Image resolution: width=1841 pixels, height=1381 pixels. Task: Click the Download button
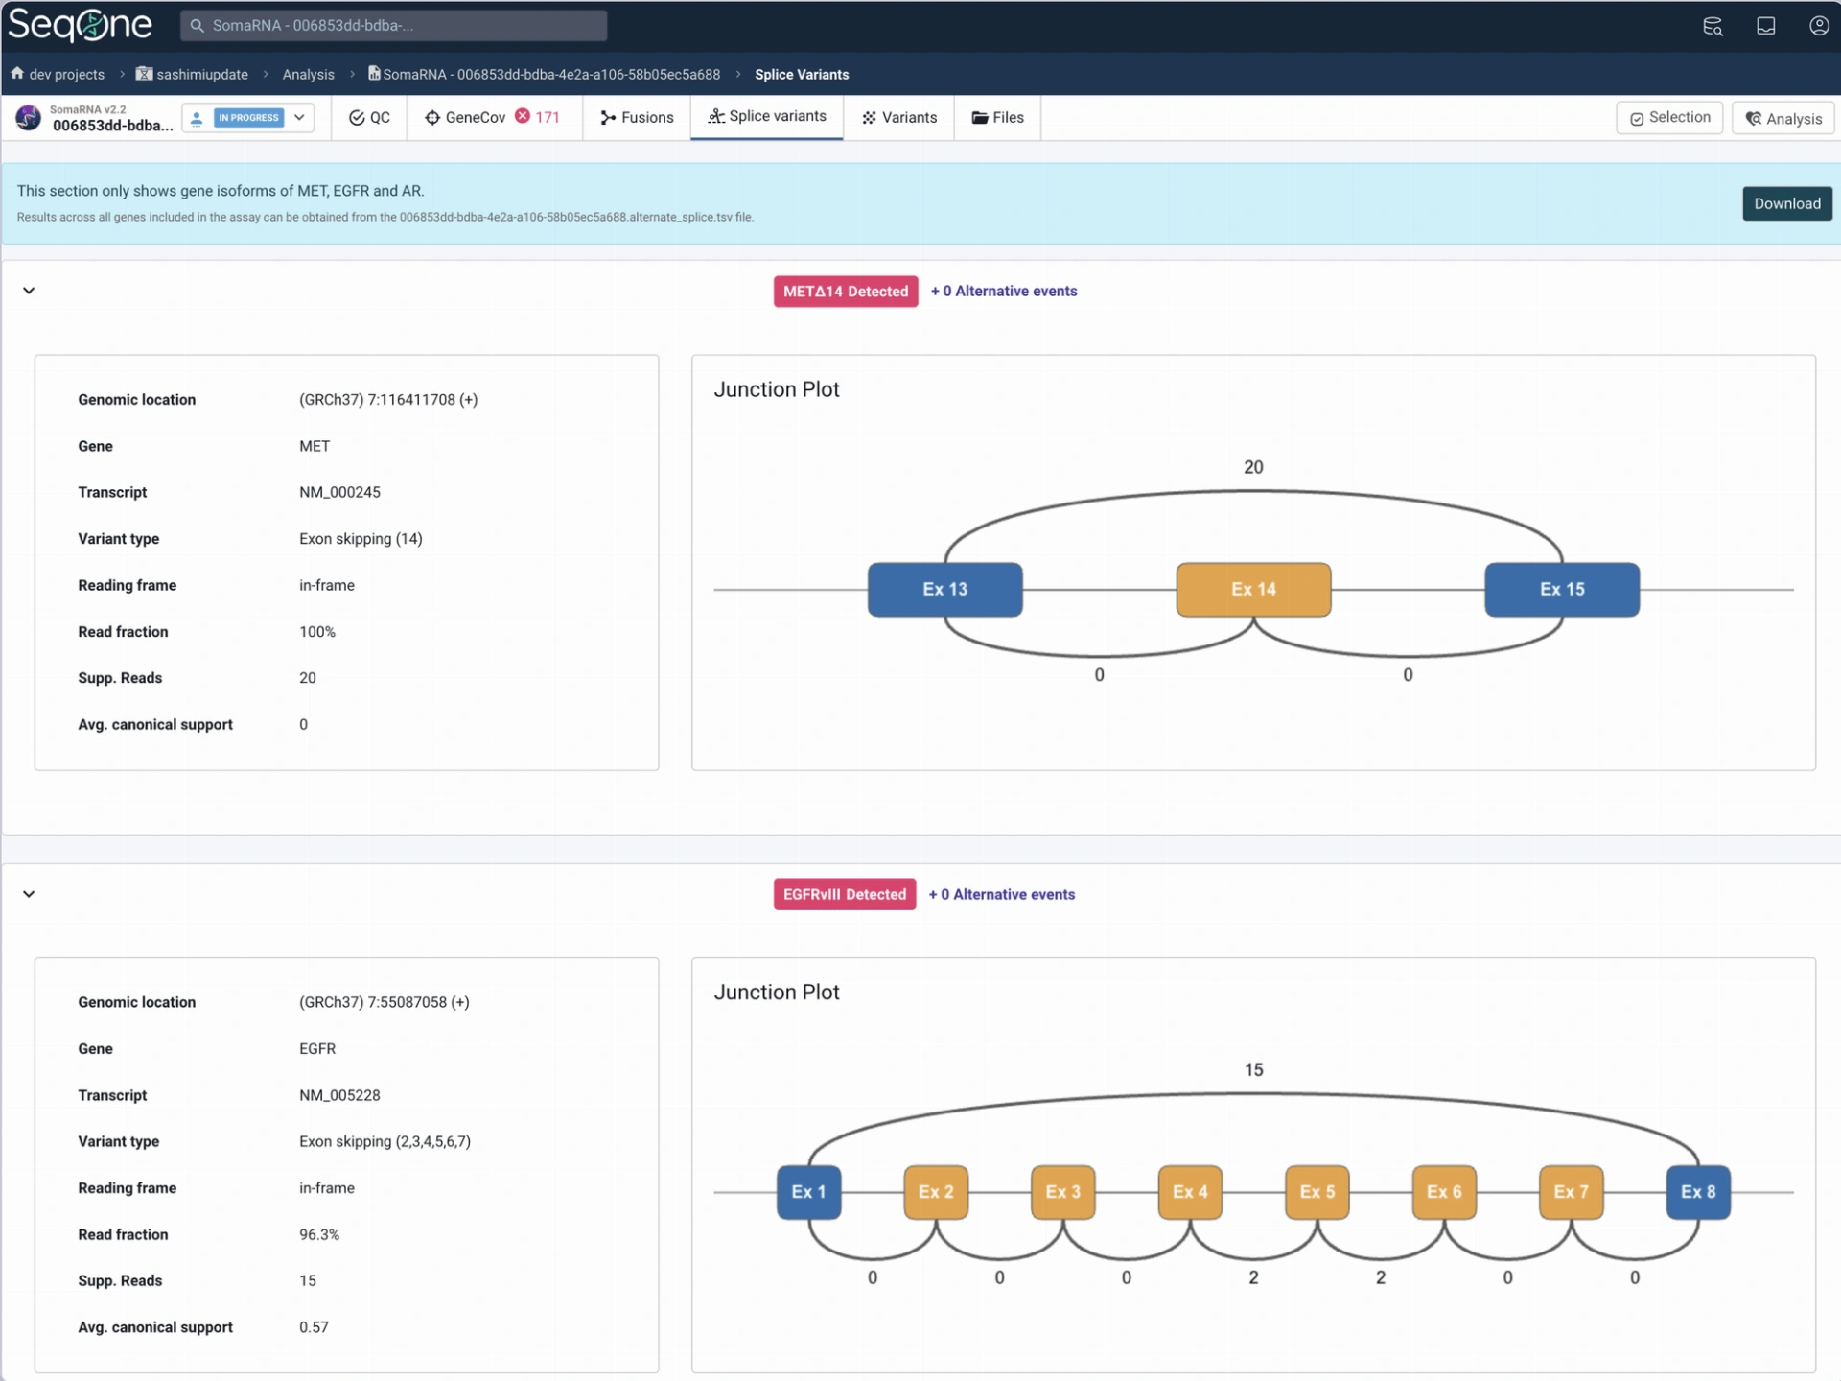click(1786, 203)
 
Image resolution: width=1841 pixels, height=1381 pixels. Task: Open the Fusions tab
click(637, 117)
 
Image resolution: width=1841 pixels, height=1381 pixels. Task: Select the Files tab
click(997, 117)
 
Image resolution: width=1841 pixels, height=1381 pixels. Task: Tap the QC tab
click(369, 117)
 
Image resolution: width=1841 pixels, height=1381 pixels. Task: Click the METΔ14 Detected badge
click(845, 292)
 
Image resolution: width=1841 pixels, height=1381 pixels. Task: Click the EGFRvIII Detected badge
click(844, 894)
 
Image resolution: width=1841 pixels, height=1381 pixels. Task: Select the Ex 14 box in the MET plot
click(1253, 589)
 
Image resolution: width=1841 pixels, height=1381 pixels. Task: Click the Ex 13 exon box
click(944, 589)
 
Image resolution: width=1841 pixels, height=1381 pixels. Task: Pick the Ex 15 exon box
click(1562, 589)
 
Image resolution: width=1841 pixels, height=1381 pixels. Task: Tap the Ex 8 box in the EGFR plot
click(1698, 1192)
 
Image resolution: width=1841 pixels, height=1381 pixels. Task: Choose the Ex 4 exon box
click(1190, 1192)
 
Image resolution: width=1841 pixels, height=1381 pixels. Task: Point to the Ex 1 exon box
click(808, 1192)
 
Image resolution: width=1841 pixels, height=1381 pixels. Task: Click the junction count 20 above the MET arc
click(1253, 467)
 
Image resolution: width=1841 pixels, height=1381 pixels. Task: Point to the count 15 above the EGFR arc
click(1253, 1069)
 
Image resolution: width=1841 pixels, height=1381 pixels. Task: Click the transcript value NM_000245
click(339, 492)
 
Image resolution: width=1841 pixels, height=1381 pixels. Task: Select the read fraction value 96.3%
click(319, 1234)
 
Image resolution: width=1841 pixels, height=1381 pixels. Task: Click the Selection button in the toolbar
click(1669, 117)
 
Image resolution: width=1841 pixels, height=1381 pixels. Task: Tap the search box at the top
click(393, 25)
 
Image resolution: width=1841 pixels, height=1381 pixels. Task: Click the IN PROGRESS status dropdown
click(248, 117)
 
